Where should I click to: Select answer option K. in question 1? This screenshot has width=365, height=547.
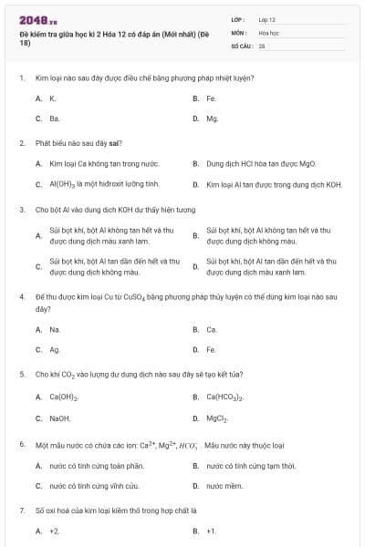coord(53,98)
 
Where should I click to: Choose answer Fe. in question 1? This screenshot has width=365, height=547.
coord(211,98)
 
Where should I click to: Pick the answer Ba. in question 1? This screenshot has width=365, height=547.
coord(55,119)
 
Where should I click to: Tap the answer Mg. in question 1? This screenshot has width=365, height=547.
coord(212,119)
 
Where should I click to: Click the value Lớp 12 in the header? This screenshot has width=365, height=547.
coord(267,18)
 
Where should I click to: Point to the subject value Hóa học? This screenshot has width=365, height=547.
coord(269,31)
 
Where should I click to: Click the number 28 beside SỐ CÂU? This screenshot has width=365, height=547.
coord(262,44)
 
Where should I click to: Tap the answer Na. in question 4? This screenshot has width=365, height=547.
coord(55,329)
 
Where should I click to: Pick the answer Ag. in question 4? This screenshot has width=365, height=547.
coord(55,349)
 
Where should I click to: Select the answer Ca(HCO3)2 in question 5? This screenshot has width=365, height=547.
coord(224,397)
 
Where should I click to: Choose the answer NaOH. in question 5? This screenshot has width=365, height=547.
coord(60,418)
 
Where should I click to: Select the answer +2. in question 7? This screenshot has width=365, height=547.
coord(55,530)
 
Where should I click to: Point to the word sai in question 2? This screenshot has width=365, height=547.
coord(115,142)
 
